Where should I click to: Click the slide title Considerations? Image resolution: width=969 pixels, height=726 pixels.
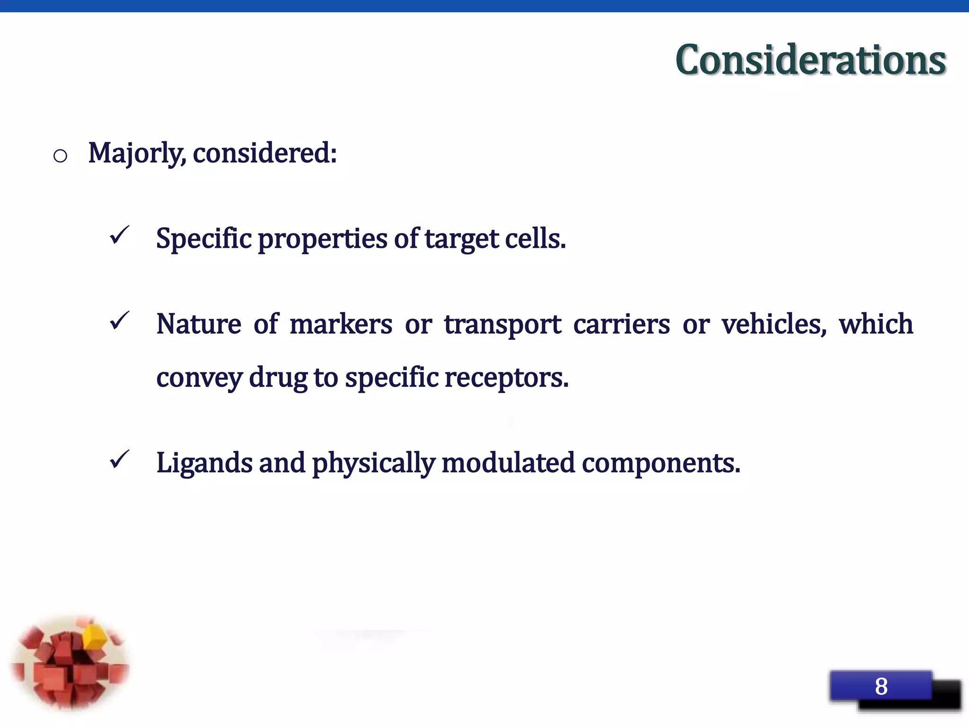coord(810,60)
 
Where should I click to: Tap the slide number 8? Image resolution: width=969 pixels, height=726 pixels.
coord(881,686)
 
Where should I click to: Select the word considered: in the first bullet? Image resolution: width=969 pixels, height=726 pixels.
coord(264,154)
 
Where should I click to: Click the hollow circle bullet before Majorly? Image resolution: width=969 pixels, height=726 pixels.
coord(60,156)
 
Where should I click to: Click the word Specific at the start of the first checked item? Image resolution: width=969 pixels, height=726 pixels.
coord(203,239)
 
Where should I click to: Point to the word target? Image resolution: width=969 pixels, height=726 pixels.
coord(461,239)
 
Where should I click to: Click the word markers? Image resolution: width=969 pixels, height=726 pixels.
coord(341,324)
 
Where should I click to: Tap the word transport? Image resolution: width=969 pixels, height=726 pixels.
coord(502,325)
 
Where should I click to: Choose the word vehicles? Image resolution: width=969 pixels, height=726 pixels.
coord(774,324)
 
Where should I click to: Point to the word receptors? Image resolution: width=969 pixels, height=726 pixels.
coord(506,378)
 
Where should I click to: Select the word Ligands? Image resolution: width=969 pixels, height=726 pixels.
coord(204,463)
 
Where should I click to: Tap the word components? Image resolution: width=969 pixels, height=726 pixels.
coord(661,463)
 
